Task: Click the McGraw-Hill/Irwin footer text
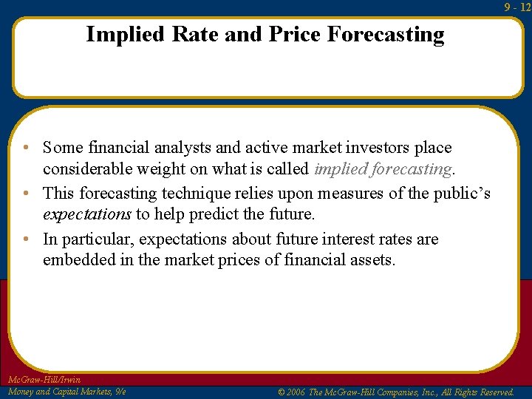pos(44,380)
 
